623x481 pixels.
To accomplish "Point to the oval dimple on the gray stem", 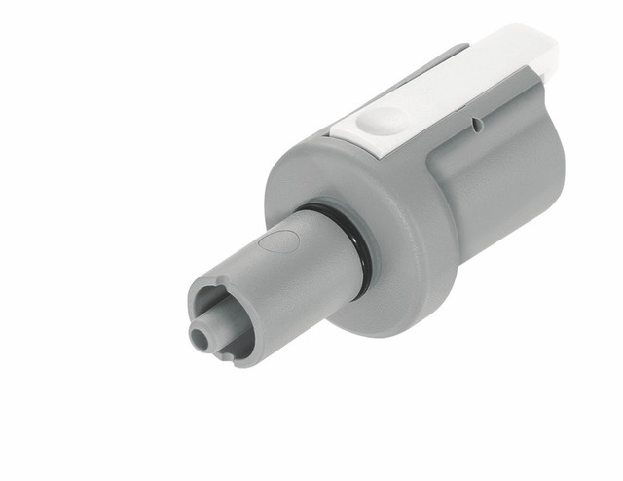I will (x=279, y=240).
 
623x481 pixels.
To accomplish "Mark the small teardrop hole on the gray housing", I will (x=475, y=124).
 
